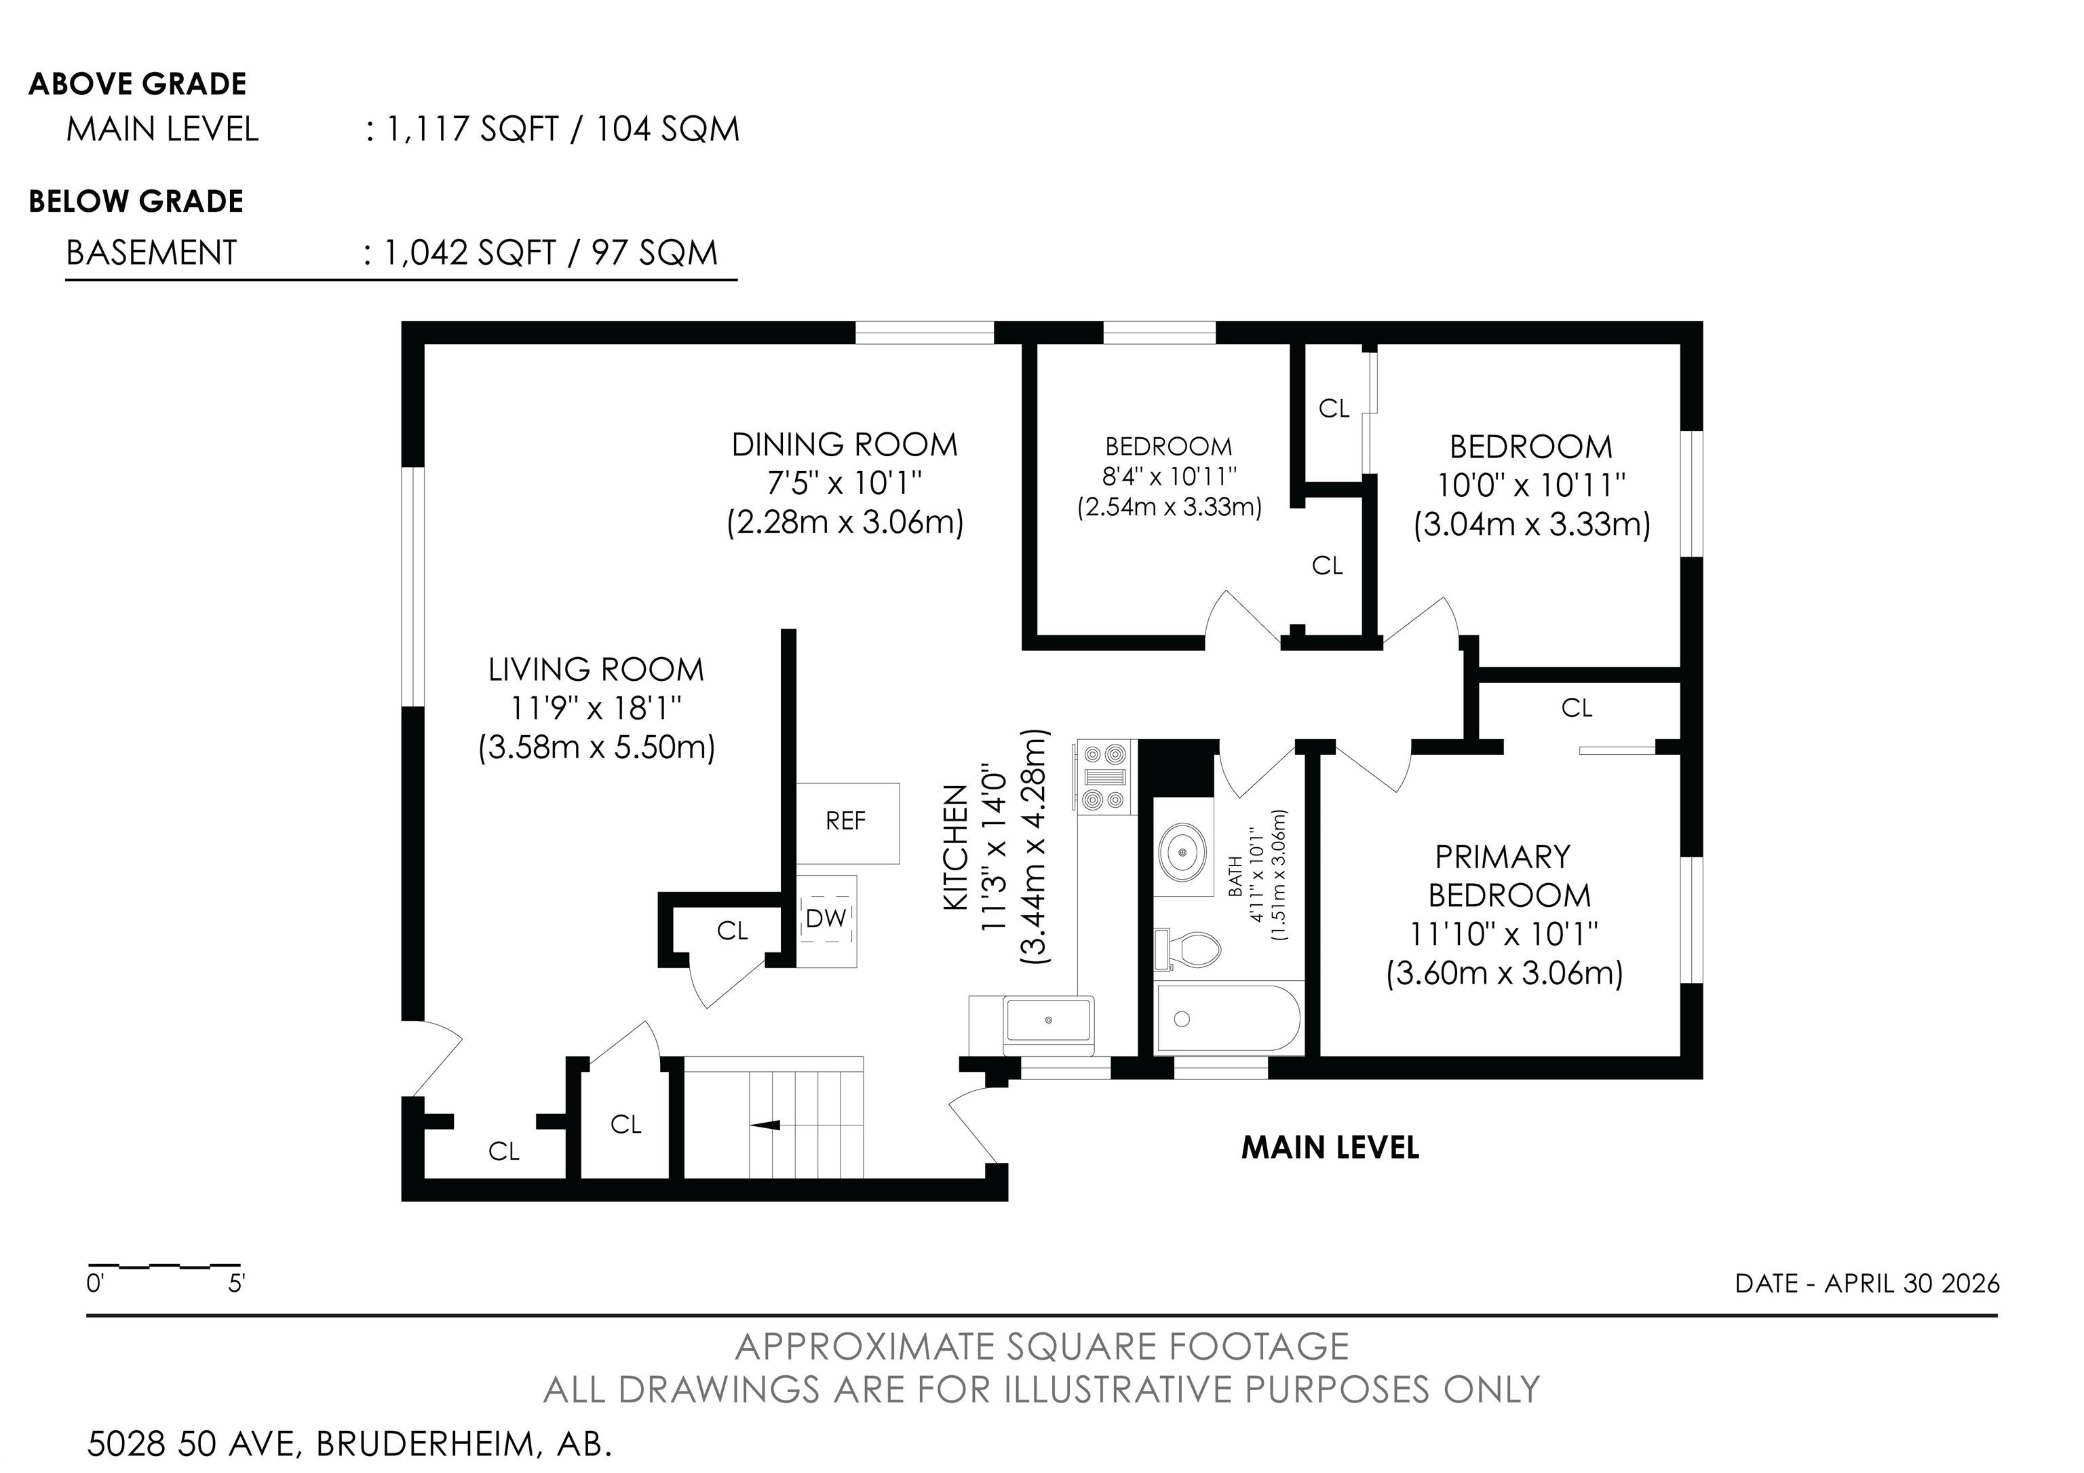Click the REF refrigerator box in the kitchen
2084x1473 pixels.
pos(848,823)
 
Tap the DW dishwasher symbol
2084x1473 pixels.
pos(826,921)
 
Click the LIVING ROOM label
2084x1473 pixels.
pos(596,669)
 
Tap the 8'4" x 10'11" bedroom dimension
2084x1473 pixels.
pos(1169,476)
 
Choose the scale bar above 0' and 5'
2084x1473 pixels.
pos(163,1265)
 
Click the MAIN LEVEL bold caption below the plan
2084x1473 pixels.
pos(1330,1148)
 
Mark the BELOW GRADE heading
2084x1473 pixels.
pos(136,201)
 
